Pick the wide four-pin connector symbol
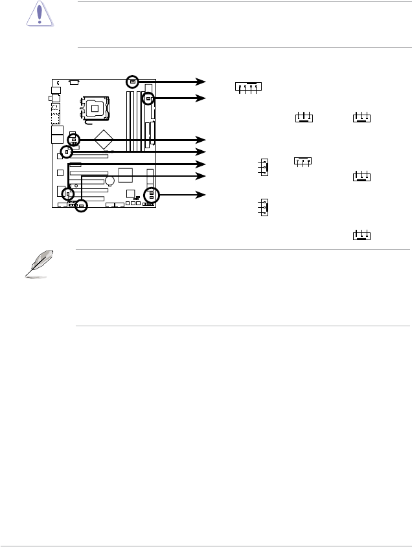tap(249, 87)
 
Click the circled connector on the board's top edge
tap(132, 82)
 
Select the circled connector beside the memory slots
tap(148, 99)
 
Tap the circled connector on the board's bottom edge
tap(81, 206)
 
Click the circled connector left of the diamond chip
tap(73, 140)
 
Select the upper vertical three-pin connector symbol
tap(263, 167)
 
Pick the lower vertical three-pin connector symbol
tap(263, 208)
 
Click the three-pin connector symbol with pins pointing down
tap(303, 161)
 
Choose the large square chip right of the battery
tap(126, 174)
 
